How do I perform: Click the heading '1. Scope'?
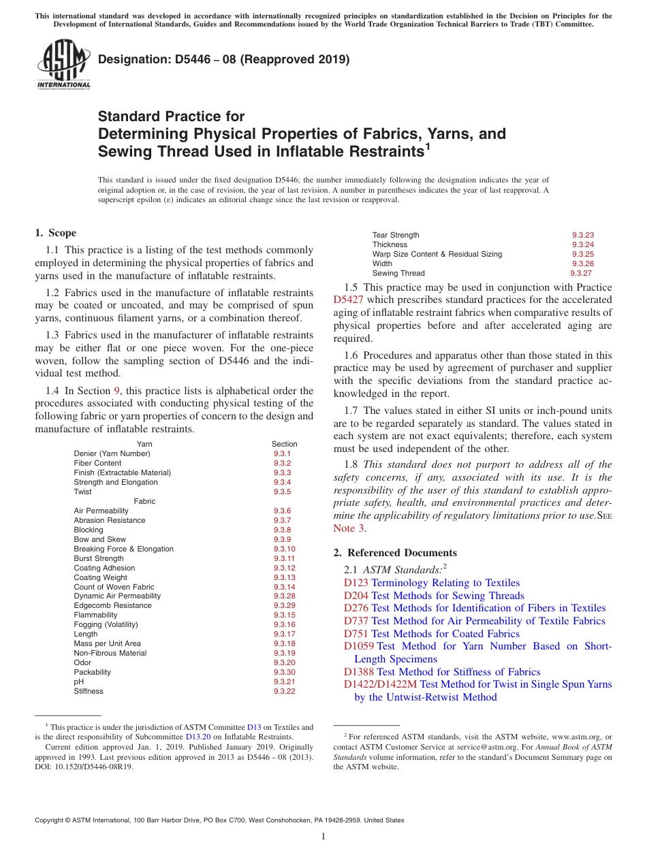[x=55, y=233]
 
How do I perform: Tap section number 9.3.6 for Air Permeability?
[x=282, y=511]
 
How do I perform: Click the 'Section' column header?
[x=284, y=444]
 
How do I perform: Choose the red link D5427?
[x=348, y=300]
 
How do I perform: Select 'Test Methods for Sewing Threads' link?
[x=447, y=596]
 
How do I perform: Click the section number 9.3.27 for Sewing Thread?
[x=581, y=273]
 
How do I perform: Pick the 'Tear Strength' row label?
[x=396, y=235]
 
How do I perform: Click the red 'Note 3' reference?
[x=349, y=528]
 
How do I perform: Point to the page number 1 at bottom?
[x=323, y=837]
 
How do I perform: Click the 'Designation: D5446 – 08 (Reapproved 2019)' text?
[x=224, y=59]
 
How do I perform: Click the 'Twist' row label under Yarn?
[x=82, y=492]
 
